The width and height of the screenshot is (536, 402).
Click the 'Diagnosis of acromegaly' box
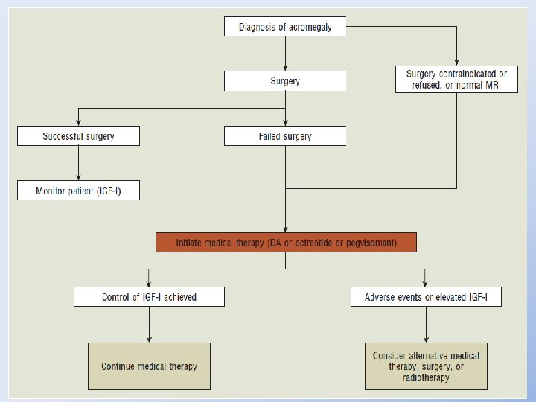click(285, 28)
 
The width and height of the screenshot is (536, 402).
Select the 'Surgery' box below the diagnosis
click(285, 81)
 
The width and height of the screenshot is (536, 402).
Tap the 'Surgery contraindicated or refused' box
click(456, 80)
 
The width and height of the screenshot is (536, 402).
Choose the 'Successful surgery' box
click(79, 136)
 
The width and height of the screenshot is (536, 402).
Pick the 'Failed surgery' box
click(285, 136)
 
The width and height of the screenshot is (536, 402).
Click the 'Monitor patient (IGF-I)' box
click(79, 191)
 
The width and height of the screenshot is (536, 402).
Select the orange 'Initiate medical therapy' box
click(286, 243)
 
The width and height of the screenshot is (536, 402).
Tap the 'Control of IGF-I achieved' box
click(149, 297)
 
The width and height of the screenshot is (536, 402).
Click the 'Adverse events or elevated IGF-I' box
click(426, 297)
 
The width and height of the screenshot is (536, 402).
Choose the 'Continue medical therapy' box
click(149, 366)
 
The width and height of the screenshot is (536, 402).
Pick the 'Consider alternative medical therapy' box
click(426, 366)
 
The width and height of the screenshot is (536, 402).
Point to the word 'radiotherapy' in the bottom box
click(426, 377)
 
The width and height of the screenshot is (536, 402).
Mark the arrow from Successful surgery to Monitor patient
click(79, 163)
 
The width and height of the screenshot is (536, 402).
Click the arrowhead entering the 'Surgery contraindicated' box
click(456, 62)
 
